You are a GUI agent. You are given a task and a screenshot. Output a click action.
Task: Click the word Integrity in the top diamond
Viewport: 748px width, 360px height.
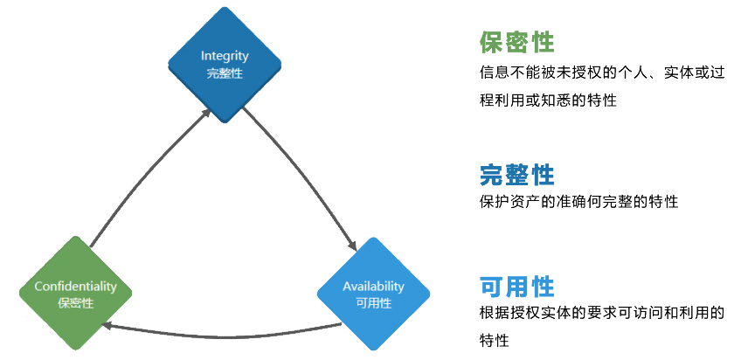(x=225, y=56)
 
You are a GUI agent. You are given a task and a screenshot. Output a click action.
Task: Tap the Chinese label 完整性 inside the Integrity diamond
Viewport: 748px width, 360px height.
(x=225, y=73)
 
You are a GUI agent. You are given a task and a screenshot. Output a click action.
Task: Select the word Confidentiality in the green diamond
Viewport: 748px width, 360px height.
(x=75, y=286)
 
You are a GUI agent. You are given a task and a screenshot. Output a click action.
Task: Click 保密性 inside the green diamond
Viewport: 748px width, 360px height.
(x=75, y=303)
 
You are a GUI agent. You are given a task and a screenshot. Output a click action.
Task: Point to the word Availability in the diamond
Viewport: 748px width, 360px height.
(x=373, y=286)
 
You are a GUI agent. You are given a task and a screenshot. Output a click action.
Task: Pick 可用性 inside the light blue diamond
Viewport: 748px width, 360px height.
(x=373, y=303)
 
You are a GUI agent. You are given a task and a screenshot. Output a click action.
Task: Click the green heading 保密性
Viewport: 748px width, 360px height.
(x=517, y=42)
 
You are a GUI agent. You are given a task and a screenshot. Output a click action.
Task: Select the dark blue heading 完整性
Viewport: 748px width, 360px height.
(x=517, y=175)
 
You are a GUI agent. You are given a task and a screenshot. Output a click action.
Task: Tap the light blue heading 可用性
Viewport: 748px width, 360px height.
(x=517, y=286)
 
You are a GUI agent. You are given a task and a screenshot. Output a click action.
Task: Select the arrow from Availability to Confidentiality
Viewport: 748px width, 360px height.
(x=218, y=334)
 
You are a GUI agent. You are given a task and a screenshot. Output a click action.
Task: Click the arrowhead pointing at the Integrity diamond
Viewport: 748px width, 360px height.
(x=205, y=111)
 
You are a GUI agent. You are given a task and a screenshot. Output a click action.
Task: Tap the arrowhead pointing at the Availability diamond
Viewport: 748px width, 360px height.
(x=354, y=246)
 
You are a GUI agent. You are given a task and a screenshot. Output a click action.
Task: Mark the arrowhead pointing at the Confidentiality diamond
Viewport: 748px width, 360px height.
(x=106, y=326)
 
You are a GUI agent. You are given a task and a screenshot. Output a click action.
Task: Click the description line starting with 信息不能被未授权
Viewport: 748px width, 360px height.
(x=602, y=73)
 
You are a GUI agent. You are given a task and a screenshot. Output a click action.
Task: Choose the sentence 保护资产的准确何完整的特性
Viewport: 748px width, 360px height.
(x=578, y=202)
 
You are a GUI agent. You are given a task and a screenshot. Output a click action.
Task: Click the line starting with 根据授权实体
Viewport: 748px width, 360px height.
(x=602, y=313)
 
